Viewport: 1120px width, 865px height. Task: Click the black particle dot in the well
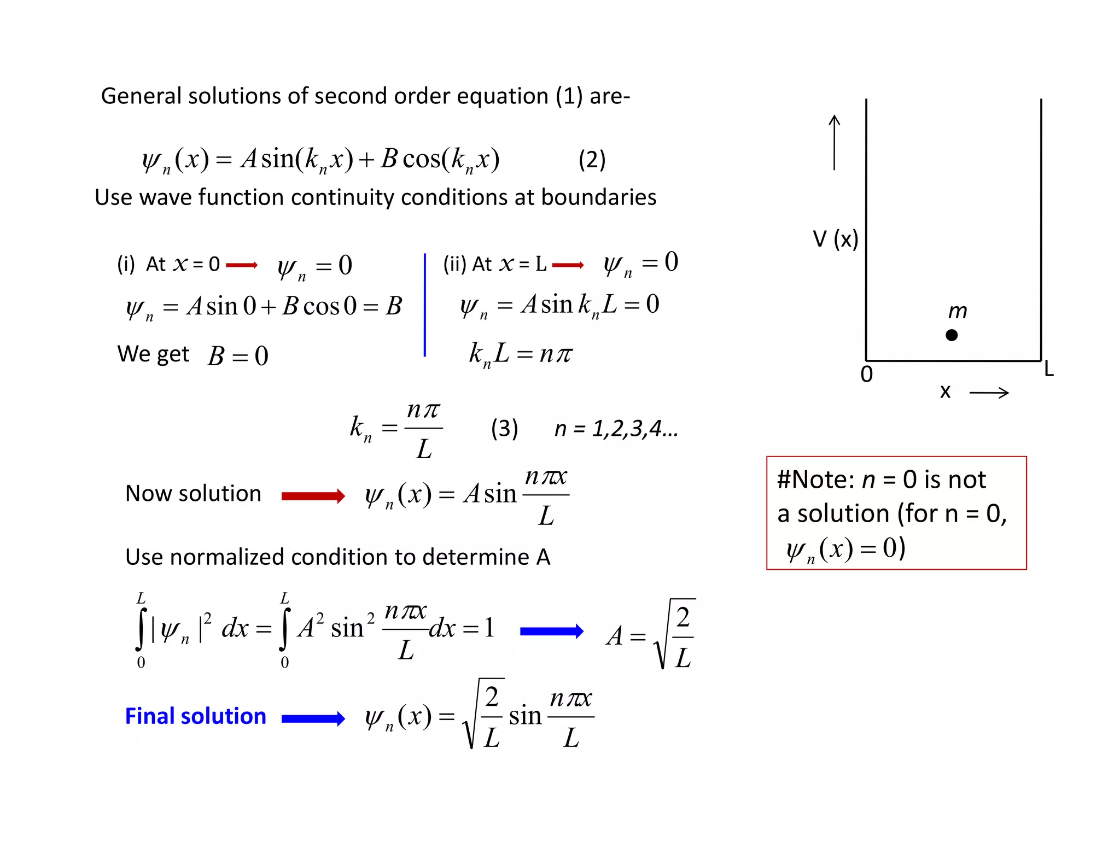click(952, 335)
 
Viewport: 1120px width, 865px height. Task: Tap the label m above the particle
click(958, 311)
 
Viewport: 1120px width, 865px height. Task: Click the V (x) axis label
click(835, 239)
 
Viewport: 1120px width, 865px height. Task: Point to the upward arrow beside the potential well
click(834, 142)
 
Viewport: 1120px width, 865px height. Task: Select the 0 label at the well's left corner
click(866, 375)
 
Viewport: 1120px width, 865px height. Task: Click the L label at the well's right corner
click(1048, 369)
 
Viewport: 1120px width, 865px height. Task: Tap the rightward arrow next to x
click(989, 393)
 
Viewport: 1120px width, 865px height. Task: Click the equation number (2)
click(592, 160)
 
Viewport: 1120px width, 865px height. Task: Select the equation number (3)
click(504, 428)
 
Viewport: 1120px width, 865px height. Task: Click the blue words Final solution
click(195, 716)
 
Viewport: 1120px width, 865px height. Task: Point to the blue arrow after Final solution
click(313, 718)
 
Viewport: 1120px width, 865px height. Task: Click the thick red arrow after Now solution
click(313, 496)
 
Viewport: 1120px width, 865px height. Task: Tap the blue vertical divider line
click(425, 305)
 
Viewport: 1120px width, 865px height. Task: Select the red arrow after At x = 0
click(241, 265)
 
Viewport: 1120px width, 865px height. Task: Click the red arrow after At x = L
click(568, 265)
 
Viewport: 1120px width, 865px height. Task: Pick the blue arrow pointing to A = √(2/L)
click(551, 632)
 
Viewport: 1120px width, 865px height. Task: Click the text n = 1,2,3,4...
click(616, 429)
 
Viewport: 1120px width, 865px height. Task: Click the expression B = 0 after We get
click(238, 356)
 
